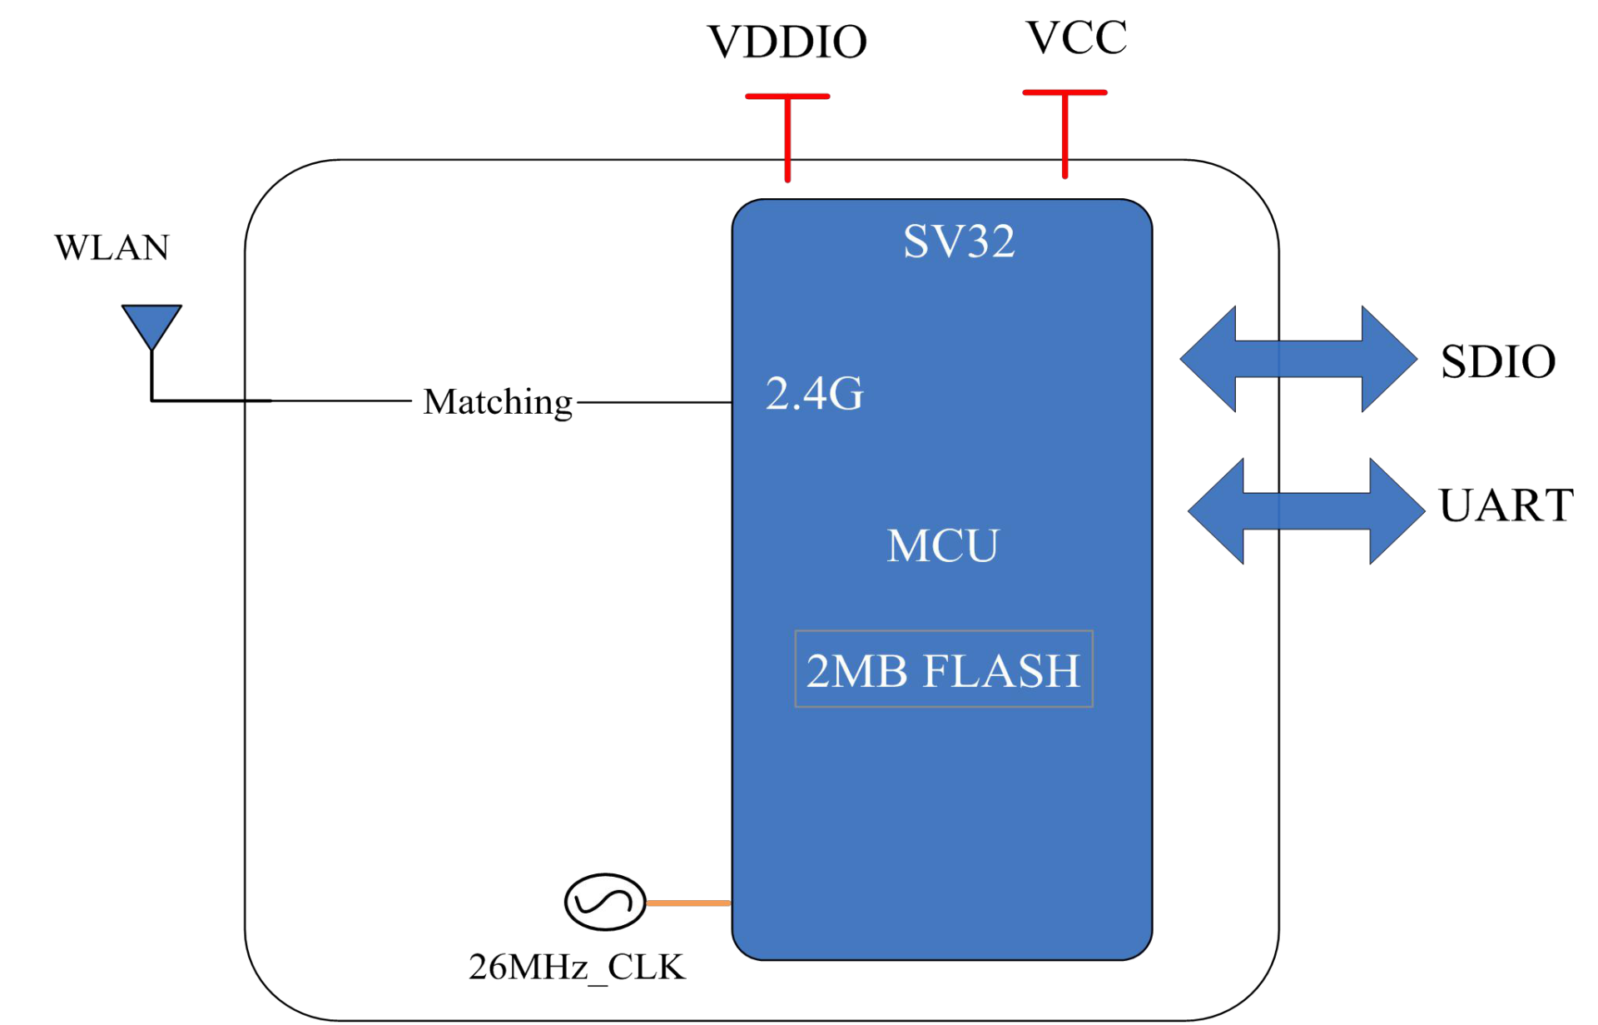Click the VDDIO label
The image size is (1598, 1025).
click(x=787, y=42)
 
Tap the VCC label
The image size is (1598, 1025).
click(x=1076, y=37)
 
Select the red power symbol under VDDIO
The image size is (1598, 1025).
click(x=787, y=137)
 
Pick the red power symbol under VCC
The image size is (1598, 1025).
click(x=1065, y=133)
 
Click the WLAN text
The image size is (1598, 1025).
click(x=112, y=247)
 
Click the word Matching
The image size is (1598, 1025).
click(x=498, y=402)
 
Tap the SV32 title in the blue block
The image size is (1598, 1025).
click(x=959, y=241)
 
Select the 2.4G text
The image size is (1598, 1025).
click(x=814, y=393)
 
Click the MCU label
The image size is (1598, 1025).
click(x=942, y=546)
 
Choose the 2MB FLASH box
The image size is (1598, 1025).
click(x=944, y=669)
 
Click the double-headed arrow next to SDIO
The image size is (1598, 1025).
click(x=1298, y=359)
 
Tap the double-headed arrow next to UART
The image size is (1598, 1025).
click(x=1306, y=511)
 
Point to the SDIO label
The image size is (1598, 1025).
click(x=1498, y=361)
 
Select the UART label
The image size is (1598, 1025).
click(x=1506, y=505)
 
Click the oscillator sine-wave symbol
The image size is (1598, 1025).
click(x=605, y=902)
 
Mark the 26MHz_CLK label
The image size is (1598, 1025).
click(x=577, y=967)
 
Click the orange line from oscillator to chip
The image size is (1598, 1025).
click(x=689, y=903)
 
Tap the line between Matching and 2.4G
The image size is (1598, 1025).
click(x=654, y=402)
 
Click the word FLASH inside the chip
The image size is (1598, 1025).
click(x=1001, y=670)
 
